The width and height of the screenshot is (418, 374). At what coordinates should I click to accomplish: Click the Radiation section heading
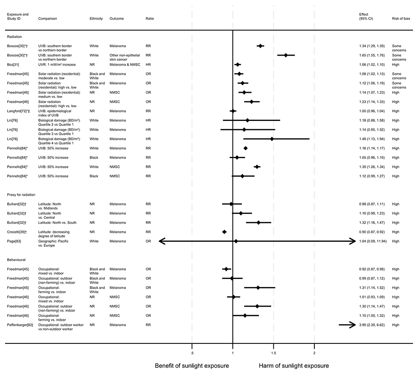[15, 36]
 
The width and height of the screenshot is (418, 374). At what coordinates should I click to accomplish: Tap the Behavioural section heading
[18, 260]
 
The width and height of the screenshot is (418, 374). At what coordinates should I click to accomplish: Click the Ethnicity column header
[96, 19]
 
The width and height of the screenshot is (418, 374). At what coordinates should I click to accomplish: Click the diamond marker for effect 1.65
[286, 55]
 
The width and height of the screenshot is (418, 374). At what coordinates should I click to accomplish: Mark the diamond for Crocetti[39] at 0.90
[224, 232]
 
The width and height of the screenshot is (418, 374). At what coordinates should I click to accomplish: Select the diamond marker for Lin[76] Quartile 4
[272, 139]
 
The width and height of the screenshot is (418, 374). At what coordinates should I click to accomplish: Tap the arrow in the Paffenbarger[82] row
[347, 325]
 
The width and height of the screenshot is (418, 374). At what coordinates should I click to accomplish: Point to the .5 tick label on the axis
[192, 347]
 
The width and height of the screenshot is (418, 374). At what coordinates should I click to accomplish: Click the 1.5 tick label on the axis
[273, 347]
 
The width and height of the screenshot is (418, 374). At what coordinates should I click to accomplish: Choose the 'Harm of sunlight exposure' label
[294, 366]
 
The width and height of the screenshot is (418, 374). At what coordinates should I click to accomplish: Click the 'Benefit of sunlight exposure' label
[192, 366]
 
